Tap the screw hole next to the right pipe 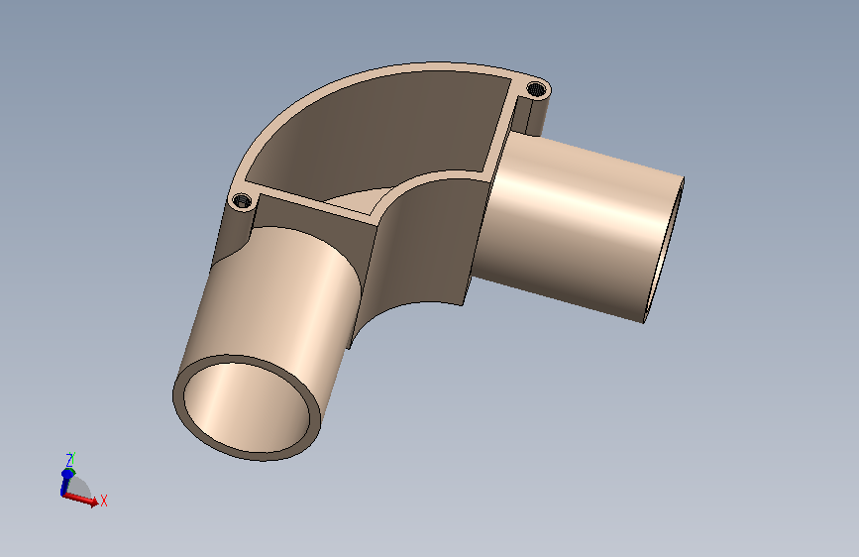point(538,90)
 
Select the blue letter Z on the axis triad point(69,460)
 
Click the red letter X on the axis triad point(103,501)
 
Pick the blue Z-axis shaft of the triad point(66,481)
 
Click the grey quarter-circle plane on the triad point(81,486)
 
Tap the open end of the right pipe point(670,248)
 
